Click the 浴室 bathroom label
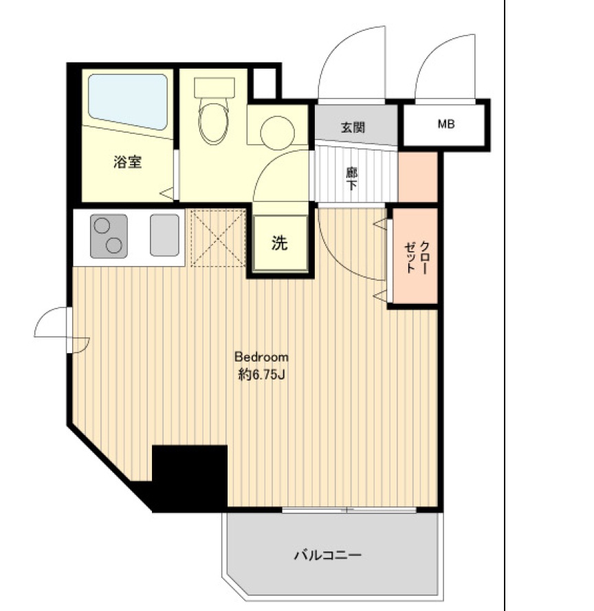click(128, 163)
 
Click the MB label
click(446, 124)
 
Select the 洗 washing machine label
click(278, 243)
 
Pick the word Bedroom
click(261, 357)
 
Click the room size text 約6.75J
click(261, 375)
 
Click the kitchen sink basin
click(164, 235)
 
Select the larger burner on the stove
click(113, 245)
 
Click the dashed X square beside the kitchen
click(218, 237)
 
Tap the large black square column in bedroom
click(190, 477)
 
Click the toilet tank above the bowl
click(215, 87)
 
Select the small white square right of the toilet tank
click(263, 82)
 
